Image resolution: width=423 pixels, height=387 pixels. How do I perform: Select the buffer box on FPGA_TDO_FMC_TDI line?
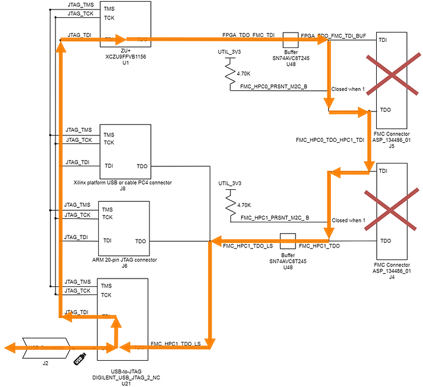[290, 39]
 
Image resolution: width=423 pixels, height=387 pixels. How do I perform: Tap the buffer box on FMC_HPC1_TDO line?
[287, 240]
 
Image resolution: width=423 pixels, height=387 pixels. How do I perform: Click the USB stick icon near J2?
[80, 358]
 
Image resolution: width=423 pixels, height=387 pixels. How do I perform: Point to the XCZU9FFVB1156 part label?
[125, 57]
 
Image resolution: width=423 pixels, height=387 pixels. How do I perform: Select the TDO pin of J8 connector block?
[142, 166]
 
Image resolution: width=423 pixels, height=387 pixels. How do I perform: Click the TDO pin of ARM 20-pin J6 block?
[141, 241]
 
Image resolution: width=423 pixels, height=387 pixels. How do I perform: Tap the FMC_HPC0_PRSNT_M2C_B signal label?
[274, 86]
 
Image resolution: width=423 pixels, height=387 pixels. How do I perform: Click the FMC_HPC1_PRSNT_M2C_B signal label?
[275, 218]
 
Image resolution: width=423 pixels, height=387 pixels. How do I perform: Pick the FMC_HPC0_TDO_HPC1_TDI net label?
[330, 139]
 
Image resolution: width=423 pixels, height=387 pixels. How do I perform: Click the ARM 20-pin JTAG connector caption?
[124, 260]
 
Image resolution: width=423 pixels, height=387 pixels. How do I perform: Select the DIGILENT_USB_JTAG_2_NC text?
[124, 378]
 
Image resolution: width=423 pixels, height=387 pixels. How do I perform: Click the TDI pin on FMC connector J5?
[384, 40]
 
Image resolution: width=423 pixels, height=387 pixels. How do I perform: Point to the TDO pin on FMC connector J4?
[384, 241]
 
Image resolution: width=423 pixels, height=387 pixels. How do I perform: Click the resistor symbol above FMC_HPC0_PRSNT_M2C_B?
[230, 73]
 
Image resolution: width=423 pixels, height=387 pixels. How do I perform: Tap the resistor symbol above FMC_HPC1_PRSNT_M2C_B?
[230, 204]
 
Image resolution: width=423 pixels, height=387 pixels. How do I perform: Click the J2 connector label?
[45, 362]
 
